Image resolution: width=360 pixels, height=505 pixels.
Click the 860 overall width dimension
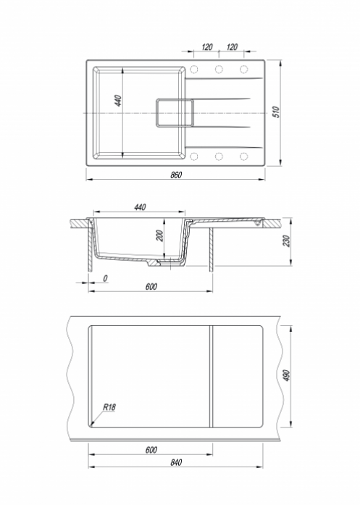(176, 175)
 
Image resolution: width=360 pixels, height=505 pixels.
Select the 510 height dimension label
(277, 112)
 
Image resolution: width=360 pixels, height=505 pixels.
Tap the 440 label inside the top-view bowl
(118, 101)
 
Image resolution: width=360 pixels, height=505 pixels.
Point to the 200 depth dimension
(159, 235)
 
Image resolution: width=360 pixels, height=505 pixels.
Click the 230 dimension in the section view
(286, 241)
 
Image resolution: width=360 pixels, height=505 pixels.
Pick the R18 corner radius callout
(109, 407)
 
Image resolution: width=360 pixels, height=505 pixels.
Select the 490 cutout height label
(286, 375)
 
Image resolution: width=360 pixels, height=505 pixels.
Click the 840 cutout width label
(176, 462)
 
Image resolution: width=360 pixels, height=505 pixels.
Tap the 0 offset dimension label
(105, 278)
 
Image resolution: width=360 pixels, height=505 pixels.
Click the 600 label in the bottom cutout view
(151, 450)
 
